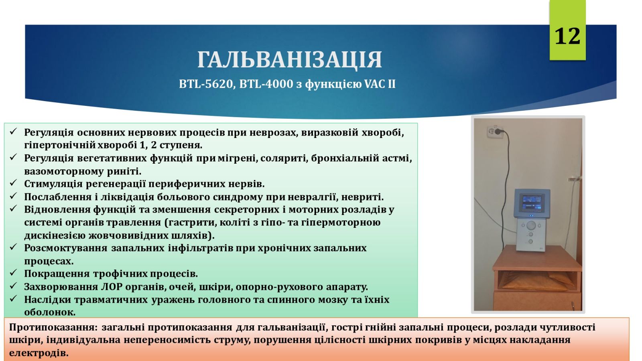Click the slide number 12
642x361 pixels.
click(567, 37)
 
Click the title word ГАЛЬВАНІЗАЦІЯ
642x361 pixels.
click(290, 60)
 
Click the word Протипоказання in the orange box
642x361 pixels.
click(54, 327)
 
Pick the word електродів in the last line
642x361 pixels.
click(39, 353)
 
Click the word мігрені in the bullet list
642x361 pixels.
click(236, 158)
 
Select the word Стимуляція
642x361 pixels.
click(53, 184)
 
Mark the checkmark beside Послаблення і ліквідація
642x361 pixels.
click(14, 196)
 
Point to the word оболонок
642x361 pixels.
click(50, 312)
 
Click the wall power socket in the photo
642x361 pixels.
click(495, 132)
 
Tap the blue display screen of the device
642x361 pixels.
click(532, 203)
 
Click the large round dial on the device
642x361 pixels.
click(531, 225)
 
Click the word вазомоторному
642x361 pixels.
click(64, 171)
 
